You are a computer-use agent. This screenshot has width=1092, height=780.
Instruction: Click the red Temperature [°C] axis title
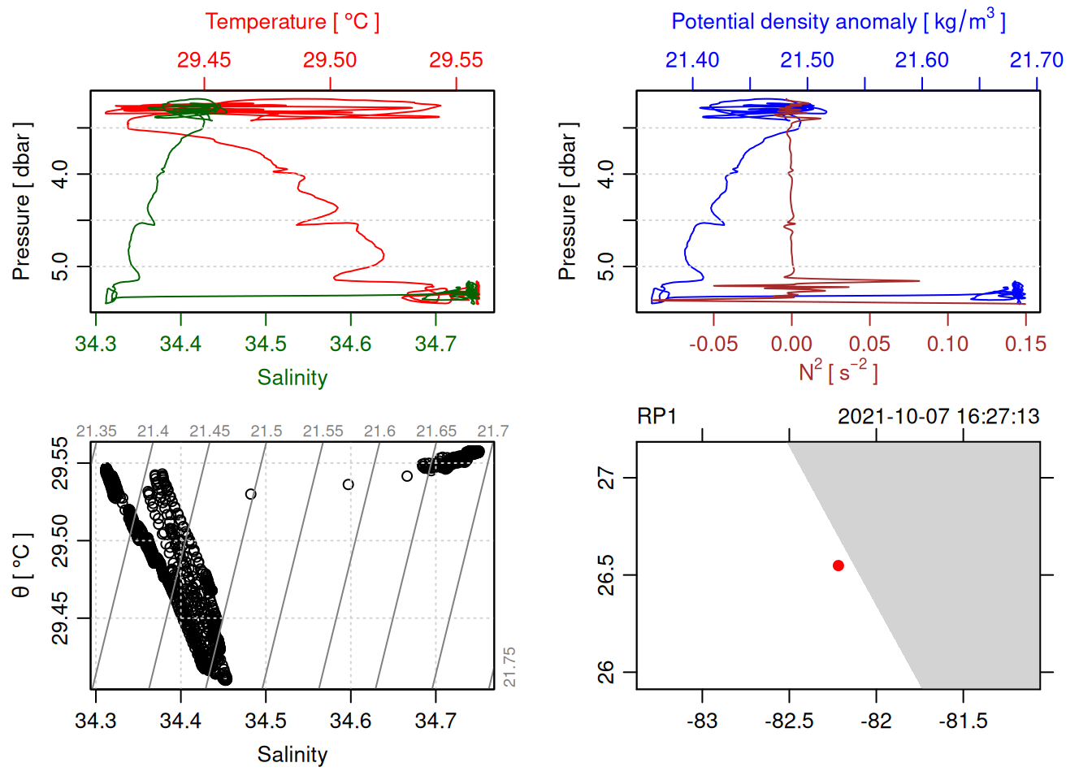pyautogui.click(x=292, y=22)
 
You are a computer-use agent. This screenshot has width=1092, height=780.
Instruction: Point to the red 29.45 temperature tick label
pyautogui.click(x=204, y=60)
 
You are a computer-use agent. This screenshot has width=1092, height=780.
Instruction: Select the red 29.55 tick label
pyautogui.click(x=456, y=60)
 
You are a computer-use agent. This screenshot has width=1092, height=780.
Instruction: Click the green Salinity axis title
pyautogui.click(x=292, y=378)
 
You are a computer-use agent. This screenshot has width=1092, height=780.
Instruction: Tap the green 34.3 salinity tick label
pyautogui.click(x=96, y=344)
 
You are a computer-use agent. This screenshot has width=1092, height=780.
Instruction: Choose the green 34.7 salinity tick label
pyautogui.click(x=435, y=344)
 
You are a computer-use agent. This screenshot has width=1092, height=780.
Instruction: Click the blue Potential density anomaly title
pyautogui.click(x=838, y=22)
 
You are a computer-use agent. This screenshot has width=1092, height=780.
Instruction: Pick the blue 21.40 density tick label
pyautogui.click(x=692, y=60)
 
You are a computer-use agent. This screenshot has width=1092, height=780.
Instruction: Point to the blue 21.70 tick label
pyautogui.click(x=1036, y=60)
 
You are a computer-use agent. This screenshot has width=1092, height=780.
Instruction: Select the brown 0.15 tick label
pyautogui.click(x=1025, y=344)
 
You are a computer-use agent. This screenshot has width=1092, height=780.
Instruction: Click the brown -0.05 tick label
pyautogui.click(x=713, y=344)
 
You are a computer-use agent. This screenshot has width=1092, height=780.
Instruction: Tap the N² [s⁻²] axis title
pyautogui.click(x=838, y=371)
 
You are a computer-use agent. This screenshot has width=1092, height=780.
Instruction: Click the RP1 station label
pyautogui.click(x=656, y=417)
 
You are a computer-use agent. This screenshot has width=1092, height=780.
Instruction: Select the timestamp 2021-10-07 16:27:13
pyautogui.click(x=938, y=417)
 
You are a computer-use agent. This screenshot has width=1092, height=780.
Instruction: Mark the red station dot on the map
pyautogui.click(x=838, y=565)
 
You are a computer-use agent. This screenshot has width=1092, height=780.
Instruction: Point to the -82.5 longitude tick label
pyautogui.click(x=788, y=721)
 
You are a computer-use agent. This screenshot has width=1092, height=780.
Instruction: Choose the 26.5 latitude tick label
pyautogui.click(x=606, y=575)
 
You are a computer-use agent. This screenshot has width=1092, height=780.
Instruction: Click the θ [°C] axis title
pyautogui.click(x=22, y=565)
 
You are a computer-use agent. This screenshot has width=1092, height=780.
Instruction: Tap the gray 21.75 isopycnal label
pyautogui.click(x=509, y=667)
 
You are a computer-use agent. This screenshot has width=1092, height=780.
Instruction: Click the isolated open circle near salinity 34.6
pyautogui.click(x=349, y=484)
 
